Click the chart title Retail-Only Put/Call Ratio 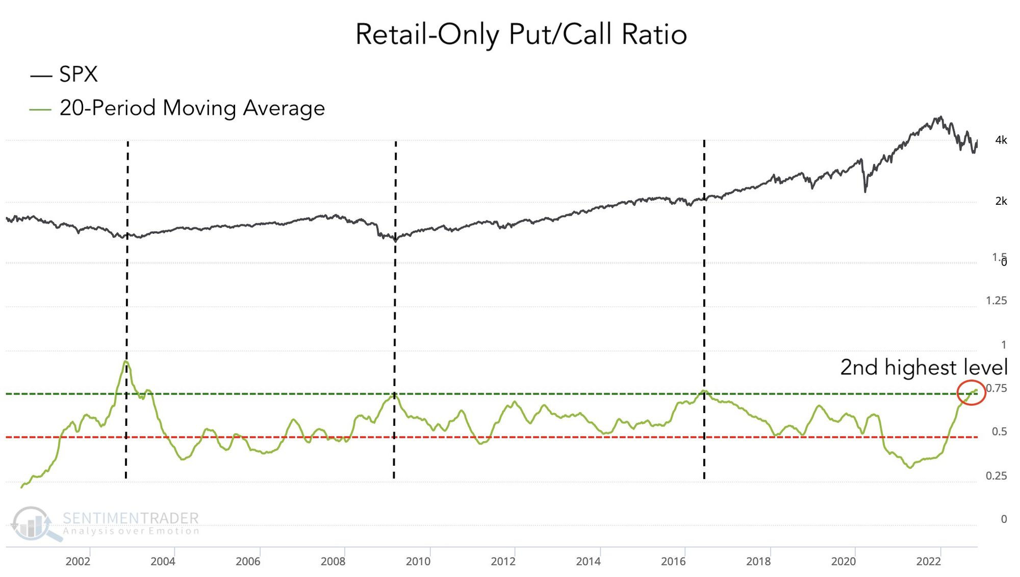pos(521,35)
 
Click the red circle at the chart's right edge pos(971,393)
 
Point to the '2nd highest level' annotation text pos(924,368)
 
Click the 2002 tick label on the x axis pos(78,562)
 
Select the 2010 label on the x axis pos(418,562)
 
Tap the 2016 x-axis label pos(673,562)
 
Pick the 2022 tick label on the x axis pos(928,562)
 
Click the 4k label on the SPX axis pos(1001,140)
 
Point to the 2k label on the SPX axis pos(1001,202)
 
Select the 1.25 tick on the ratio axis pos(996,301)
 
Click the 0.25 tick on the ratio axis pos(996,476)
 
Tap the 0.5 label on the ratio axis pos(999,432)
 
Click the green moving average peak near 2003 pos(125,362)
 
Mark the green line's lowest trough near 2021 pos(910,467)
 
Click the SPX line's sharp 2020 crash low pos(865,191)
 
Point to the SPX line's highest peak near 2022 pos(940,117)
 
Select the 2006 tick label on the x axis pos(248,562)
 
